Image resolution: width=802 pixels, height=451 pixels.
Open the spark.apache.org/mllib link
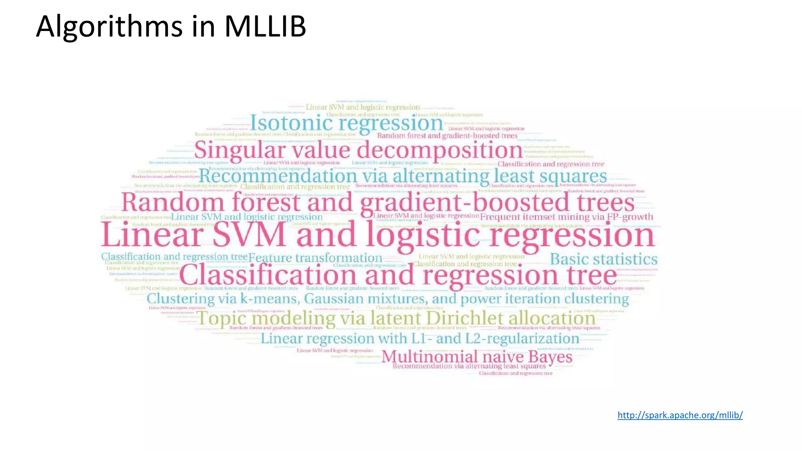680,415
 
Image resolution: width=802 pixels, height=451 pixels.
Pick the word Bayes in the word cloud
550,357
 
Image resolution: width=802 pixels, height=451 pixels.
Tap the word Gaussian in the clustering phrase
334,299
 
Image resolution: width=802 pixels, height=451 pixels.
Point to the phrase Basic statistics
603,259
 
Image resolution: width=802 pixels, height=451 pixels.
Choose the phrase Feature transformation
315,258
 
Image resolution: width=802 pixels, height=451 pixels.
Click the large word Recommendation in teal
278,176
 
